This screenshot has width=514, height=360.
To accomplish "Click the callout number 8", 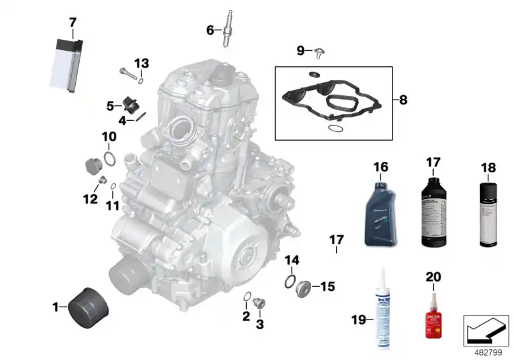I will (403, 100).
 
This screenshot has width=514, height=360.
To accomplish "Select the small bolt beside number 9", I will (319, 51).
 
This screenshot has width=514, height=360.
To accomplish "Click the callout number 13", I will (141, 63).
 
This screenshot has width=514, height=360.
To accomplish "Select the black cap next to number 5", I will (132, 104).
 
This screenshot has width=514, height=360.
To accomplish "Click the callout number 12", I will (90, 199).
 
